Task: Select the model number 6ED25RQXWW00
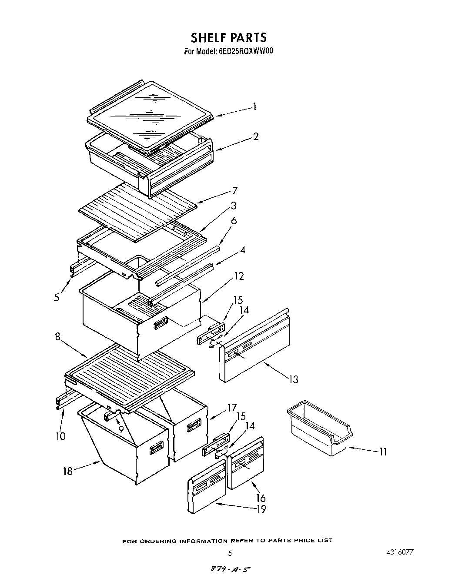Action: tap(245, 51)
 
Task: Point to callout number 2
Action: tap(256, 136)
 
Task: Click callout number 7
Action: tap(234, 190)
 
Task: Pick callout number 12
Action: tap(239, 276)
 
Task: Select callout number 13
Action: tap(294, 379)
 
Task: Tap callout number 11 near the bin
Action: tap(382, 452)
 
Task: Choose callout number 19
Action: tap(261, 508)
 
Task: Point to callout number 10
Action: tap(60, 436)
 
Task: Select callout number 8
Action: tap(58, 336)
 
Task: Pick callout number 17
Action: tap(231, 408)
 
